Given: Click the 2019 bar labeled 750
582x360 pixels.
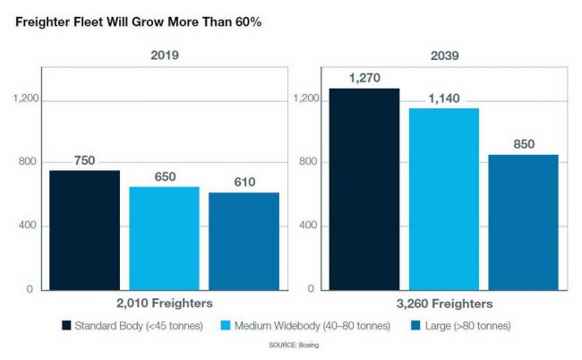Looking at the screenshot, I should pos(84,229).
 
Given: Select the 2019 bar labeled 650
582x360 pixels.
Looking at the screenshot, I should pos(164,237).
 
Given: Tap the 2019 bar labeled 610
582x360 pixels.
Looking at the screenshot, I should pos(244,241).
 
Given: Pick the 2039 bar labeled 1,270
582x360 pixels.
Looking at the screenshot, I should pos(364,188).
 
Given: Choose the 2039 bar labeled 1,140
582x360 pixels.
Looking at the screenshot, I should pos(443,198).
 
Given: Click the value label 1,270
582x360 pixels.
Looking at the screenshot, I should pos(364,78).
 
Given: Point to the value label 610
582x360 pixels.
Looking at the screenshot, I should pos(244,183).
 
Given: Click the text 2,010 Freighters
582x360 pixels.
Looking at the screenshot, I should pos(165,304).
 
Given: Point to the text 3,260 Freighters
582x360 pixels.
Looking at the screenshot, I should pos(443,304).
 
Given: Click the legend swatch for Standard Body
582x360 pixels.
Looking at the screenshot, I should pos(66,325).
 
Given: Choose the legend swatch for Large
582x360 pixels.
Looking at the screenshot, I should pos(414,325).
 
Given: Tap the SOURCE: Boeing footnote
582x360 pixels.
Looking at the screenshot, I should pos(293,345).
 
